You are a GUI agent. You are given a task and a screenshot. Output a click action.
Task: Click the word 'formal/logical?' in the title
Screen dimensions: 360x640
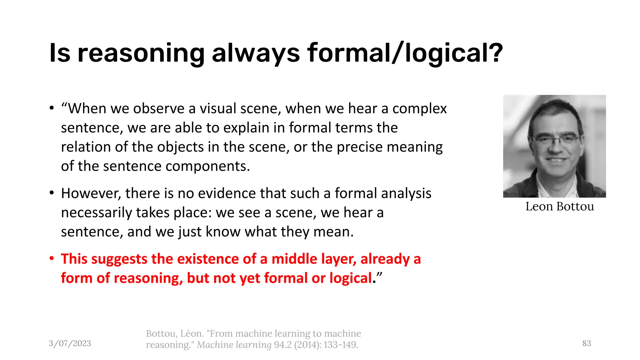pos(405,53)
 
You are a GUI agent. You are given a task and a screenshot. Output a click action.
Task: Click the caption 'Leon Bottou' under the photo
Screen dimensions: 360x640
pos(559,207)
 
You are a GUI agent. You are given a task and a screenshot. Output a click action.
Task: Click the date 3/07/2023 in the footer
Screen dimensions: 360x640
pos(70,343)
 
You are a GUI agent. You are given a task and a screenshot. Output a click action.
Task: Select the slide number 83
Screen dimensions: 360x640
pos(587,343)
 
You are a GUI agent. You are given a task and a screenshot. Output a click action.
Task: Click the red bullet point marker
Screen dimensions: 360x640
pos(52,259)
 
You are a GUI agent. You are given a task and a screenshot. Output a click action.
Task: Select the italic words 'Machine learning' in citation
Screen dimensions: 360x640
pos(234,345)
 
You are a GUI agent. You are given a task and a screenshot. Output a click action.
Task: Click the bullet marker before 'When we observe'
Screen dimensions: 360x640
pos(52,108)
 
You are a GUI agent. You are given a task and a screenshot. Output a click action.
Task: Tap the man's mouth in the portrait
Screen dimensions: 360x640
pos(556,160)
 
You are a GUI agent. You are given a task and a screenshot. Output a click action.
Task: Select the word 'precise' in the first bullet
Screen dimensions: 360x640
pos(359,147)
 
